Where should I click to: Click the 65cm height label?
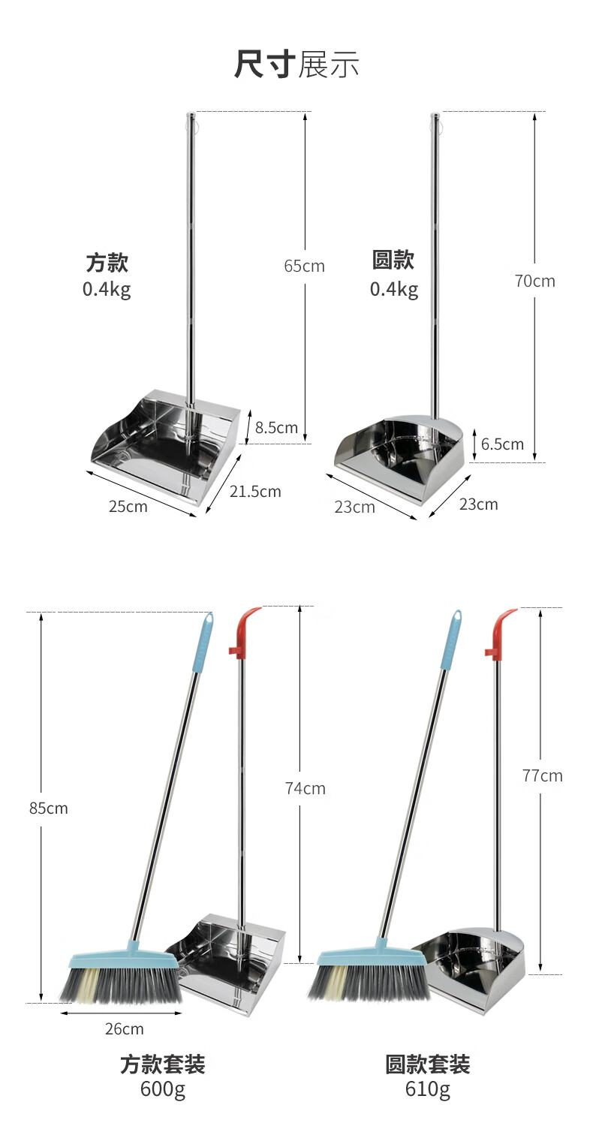pyautogui.click(x=304, y=266)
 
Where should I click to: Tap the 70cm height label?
pyautogui.click(x=534, y=281)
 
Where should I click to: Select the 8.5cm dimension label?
pyautogui.click(x=276, y=428)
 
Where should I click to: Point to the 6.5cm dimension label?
pyautogui.click(x=502, y=444)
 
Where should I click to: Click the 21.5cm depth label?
pyautogui.click(x=255, y=492)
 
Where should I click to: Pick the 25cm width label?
pyautogui.click(x=128, y=506)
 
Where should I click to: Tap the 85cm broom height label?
pyautogui.click(x=48, y=808)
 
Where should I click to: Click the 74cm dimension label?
pyautogui.click(x=305, y=789)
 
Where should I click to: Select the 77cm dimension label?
pyautogui.click(x=542, y=775)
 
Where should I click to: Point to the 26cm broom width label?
pyautogui.click(x=124, y=1029)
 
